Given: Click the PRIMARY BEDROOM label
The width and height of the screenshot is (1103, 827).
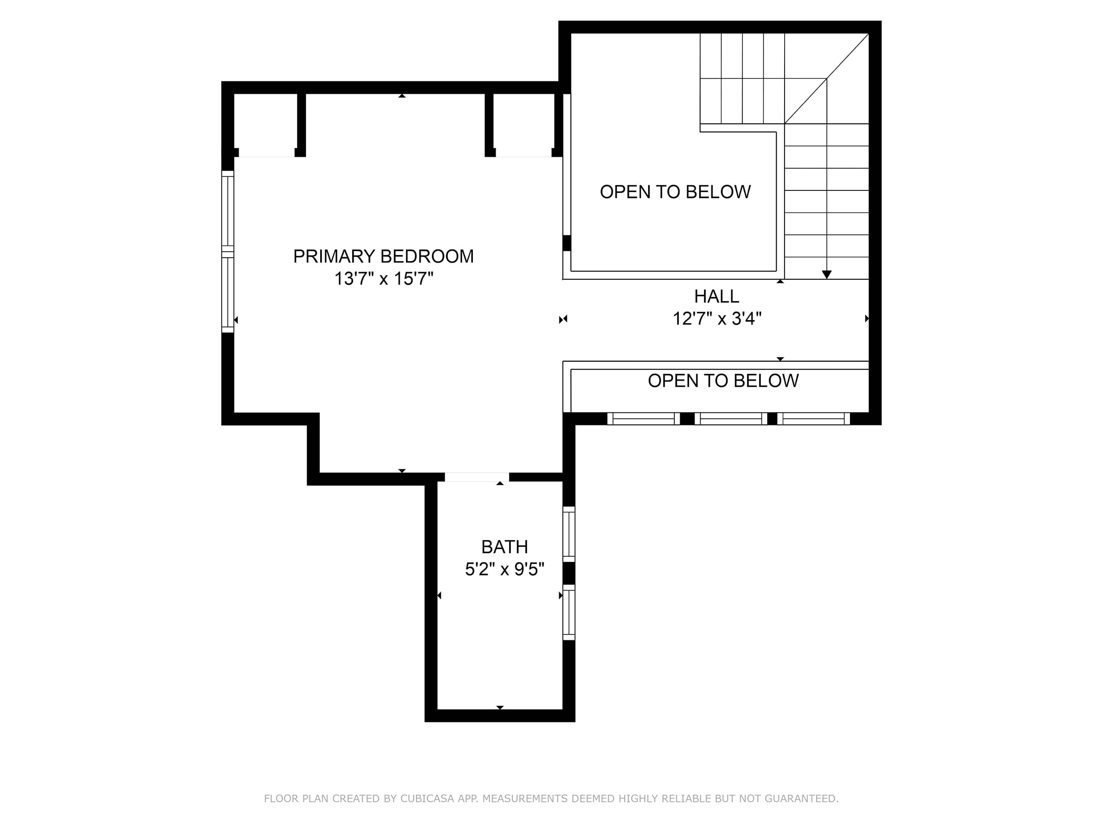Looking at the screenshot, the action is [x=383, y=256].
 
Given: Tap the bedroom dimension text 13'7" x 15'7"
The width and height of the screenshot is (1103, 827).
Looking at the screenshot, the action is [x=383, y=278].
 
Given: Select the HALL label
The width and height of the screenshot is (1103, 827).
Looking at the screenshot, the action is [x=717, y=297].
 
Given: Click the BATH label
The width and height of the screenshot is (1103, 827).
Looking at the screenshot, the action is [x=504, y=547].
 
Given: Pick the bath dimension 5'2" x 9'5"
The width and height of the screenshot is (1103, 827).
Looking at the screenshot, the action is [x=504, y=569].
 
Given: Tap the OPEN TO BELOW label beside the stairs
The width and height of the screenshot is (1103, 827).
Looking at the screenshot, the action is [x=675, y=192].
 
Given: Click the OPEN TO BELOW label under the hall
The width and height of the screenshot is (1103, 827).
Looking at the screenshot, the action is [x=723, y=381].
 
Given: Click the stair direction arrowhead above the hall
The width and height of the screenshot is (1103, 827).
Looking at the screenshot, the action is [x=827, y=275].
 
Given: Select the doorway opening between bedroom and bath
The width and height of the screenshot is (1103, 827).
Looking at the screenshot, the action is [x=477, y=477].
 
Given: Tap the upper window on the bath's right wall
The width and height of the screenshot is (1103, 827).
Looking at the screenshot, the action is [x=569, y=534].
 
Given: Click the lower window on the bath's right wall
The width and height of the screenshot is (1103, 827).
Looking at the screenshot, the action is [x=569, y=612].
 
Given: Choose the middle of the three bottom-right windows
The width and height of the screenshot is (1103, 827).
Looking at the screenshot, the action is [x=731, y=419].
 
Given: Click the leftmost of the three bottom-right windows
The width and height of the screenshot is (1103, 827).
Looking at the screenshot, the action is [x=643, y=419].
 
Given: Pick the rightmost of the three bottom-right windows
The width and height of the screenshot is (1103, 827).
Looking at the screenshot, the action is [x=813, y=419].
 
